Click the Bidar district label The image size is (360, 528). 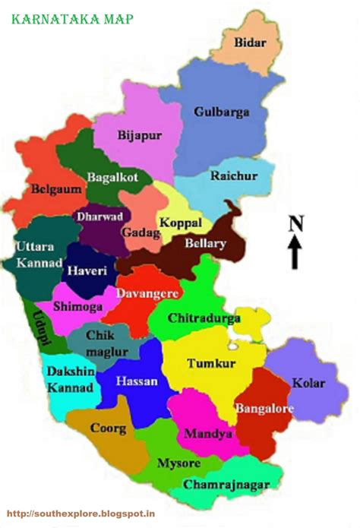click(251, 42)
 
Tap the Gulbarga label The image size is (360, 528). click(222, 112)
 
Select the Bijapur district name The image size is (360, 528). click(141, 136)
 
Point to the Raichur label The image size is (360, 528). click(235, 175)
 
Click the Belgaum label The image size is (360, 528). click(56, 189)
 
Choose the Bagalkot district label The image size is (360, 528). click(113, 177)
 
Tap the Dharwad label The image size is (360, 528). click(99, 217)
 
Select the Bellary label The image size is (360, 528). click(205, 244)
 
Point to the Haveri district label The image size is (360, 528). click(87, 270)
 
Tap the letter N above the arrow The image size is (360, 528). click(296, 223)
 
